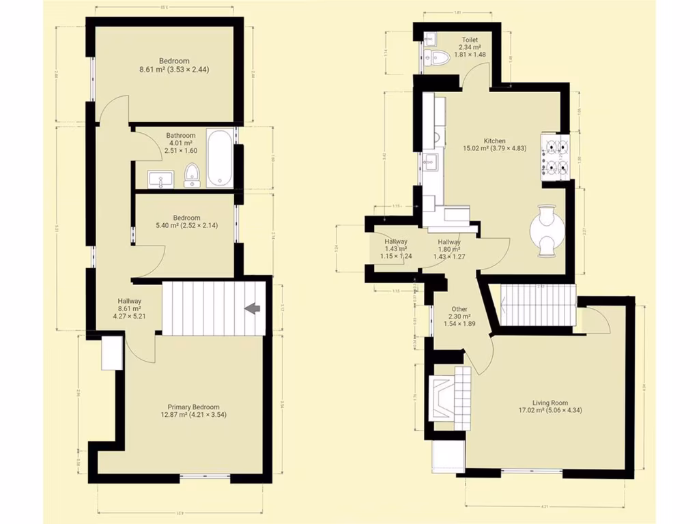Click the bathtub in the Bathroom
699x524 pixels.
(220, 158)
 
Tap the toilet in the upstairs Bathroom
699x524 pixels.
(192, 175)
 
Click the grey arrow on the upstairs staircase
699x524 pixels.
(253, 308)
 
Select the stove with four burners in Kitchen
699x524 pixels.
(555, 158)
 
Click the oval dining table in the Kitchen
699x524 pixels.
(547, 231)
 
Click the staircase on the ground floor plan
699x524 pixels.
(538, 306)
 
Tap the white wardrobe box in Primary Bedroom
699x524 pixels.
(112, 353)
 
